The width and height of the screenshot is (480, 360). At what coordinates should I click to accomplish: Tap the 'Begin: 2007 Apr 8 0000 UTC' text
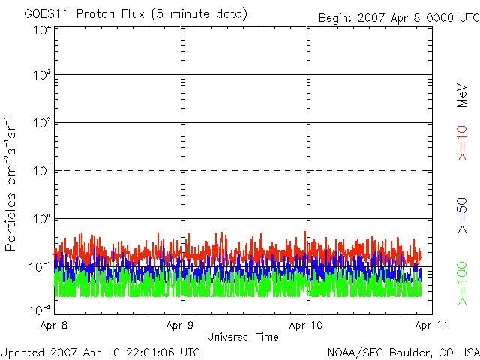tap(397, 17)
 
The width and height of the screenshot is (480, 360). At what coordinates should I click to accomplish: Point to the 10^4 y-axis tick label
tap(41, 30)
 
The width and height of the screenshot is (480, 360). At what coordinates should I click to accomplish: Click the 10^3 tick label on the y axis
tap(41, 75)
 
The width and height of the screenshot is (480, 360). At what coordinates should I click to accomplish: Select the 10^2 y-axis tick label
tap(41, 122)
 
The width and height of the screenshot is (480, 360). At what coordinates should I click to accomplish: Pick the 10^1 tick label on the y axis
tap(41, 170)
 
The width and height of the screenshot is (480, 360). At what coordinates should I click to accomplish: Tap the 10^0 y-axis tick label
tap(41, 218)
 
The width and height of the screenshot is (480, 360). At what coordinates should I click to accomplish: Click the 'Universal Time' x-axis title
tap(242, 337)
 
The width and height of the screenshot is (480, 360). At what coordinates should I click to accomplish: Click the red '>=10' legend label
tap(463, 142)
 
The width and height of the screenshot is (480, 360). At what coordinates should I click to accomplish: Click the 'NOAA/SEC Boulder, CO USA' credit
tap(403, 352)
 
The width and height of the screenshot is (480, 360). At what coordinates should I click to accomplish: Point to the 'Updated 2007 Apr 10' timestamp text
tap(100, 352)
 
